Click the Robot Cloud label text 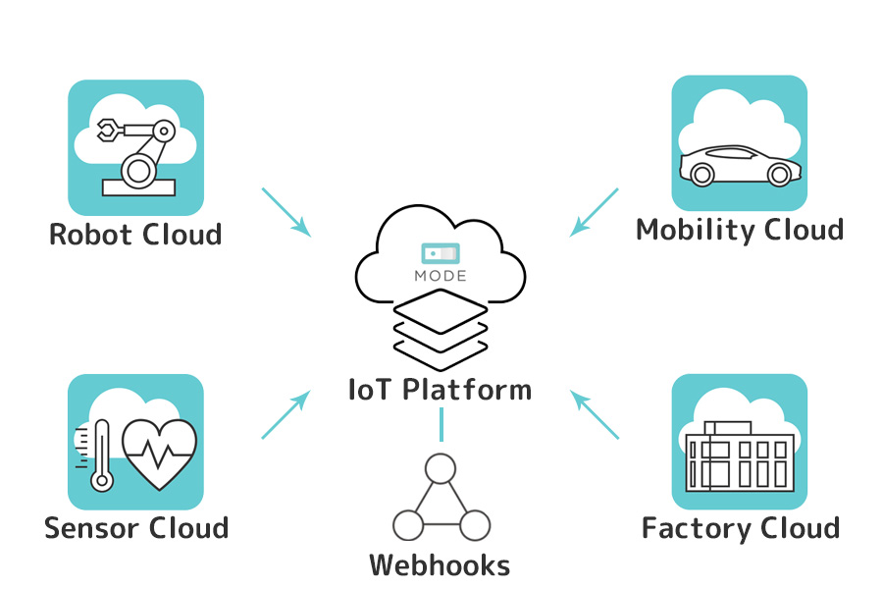click(135, 236)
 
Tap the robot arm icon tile click(135, 147)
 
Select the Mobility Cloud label click(740, 230)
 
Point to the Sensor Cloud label click(136, 528)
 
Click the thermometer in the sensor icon click(99, 456)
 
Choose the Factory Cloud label click(741, 528)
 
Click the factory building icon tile click(740, 442)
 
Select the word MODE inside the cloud click(441, 276)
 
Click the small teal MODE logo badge click(441, 253)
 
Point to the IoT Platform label click(441, 390)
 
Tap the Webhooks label click(440, 565)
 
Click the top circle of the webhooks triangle click(441, 467)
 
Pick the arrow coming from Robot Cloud click(286, 212)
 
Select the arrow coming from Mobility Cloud click(595, 212)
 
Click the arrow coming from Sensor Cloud click(286, 414)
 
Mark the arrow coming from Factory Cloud click(595, 414)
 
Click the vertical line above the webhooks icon click(441, 424)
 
